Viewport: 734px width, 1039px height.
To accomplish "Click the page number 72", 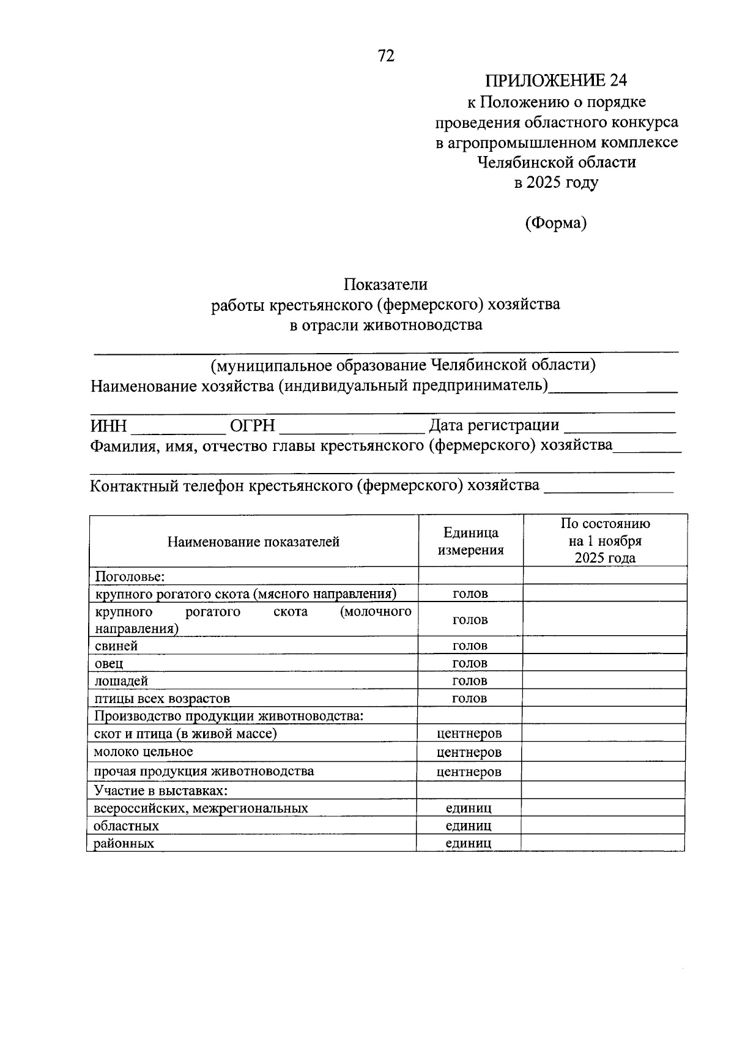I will (x=387, y=56).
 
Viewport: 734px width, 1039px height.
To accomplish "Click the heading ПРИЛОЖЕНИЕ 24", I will (x=556, y=81).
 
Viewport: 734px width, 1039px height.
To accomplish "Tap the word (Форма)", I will (x=555, y=223).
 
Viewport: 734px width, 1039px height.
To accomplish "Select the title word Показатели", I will (x=385, y=284).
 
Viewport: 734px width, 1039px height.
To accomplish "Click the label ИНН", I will (x=108, y=426).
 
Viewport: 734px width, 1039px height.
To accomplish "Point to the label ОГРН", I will (x=252, y=426).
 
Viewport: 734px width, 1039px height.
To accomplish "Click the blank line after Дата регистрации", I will (x=620, y=431).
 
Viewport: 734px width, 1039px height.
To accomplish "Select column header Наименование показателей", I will (x=253, y=542).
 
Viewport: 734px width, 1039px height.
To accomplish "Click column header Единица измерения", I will (x=470, y=542).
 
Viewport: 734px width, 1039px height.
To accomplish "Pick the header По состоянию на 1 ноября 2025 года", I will (x=605, y=541).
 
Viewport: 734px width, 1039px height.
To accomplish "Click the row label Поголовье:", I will (x=131, y=576).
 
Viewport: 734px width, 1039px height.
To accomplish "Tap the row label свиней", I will (x=116, y=646).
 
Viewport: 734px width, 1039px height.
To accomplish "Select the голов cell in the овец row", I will (x=470, y=663).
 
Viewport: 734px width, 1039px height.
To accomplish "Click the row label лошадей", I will (x=121, y=681).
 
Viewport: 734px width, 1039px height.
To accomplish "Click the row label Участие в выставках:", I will (x=161, y=791).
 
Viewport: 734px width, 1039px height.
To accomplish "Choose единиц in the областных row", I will (x=469, y=826).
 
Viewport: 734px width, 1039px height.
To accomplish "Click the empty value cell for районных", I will (x=602, y=843).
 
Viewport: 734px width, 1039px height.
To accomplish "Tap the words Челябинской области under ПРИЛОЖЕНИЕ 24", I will (x=556, y=162).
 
